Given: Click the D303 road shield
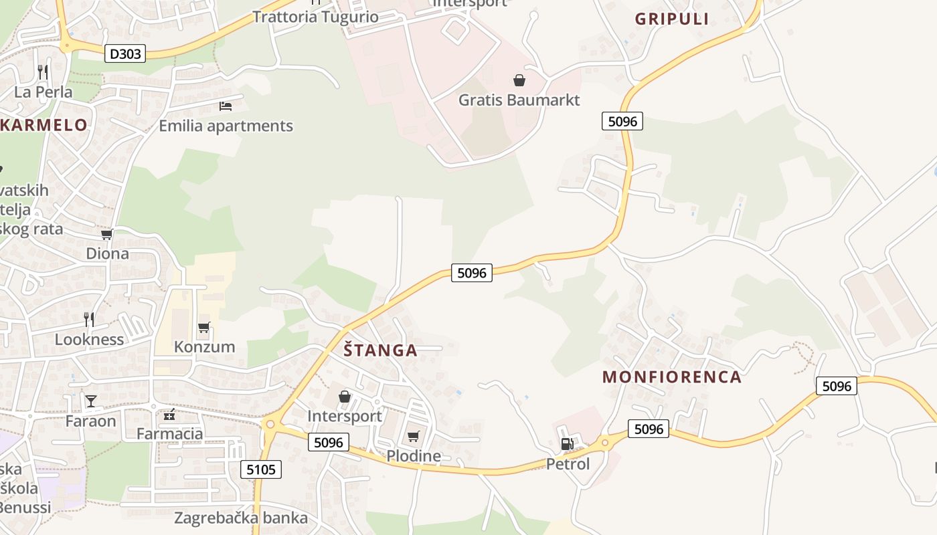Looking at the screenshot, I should (125, 53).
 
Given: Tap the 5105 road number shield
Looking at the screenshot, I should (261, 469).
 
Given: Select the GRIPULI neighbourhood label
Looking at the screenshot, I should (671, 19).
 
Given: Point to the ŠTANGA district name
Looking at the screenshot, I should (380, 350).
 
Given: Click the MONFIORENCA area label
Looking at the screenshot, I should (672, 377).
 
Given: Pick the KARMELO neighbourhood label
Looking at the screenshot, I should (44, 125).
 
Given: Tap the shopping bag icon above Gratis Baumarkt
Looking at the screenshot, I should (519, 81).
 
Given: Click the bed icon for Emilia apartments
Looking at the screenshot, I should (226, 106).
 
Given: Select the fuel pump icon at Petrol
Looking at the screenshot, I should (567, 443).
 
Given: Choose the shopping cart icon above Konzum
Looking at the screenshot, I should (204, 328).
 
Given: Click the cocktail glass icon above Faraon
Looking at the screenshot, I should (91, 401).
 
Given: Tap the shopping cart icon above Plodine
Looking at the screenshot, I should (414, 437).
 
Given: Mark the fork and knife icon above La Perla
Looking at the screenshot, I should (43, 72).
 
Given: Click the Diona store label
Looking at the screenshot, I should (107, 253).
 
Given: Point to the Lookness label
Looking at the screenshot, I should (89, 339).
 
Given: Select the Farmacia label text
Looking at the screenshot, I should (169, 433).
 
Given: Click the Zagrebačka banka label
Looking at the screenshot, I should (241, 518).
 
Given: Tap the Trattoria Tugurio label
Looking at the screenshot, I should (315, 17).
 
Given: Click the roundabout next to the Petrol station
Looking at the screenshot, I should (605, 442).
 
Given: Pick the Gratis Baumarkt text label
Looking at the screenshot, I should (519, 100).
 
